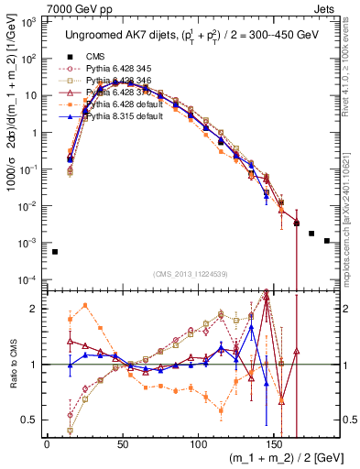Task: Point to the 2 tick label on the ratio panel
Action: tap(35, 308)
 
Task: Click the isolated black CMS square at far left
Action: tap(55, 252)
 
